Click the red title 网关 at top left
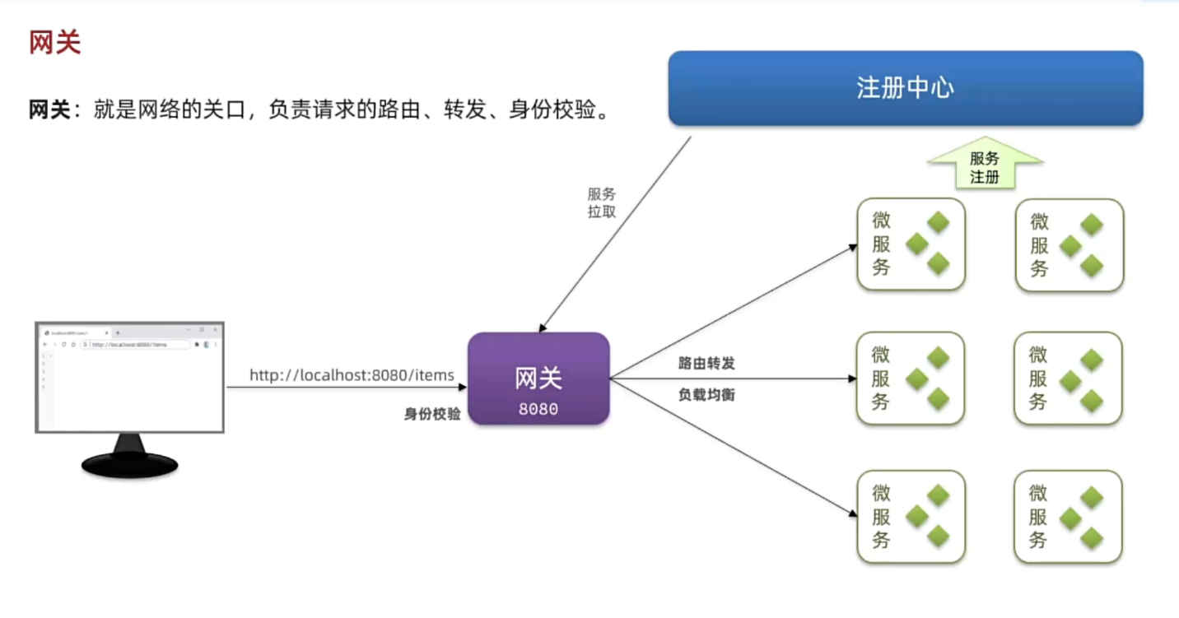55,43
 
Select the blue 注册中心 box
905,88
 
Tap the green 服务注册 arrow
985,164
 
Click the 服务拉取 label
601,202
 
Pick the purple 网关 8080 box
538,379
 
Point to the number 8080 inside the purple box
538,409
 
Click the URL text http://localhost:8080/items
352,375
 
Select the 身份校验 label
432,415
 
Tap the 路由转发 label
706,363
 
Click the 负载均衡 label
706,395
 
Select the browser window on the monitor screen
129,378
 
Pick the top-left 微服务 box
910,244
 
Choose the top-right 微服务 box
1069,244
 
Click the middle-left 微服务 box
910,379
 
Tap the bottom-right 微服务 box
1068,517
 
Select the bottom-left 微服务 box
910,517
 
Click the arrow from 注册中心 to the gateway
615,235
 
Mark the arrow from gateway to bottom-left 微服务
733,448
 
